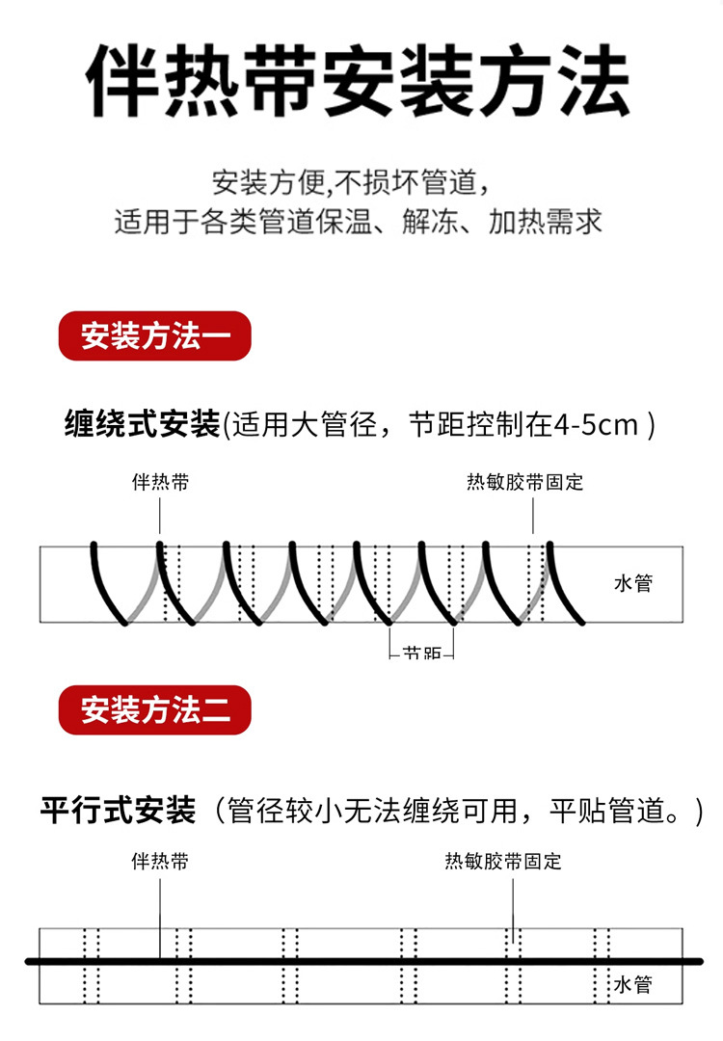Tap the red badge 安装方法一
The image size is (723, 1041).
[155, 337]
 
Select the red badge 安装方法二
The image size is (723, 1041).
[155, 711]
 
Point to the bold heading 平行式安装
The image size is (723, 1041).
[118, 809]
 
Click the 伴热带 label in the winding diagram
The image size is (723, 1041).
[160, 482]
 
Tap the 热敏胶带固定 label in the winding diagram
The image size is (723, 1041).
[524, 482]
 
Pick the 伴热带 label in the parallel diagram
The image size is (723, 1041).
[160, 861]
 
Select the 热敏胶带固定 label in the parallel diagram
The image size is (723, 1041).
[502, 861]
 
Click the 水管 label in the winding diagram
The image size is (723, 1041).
[633, 583]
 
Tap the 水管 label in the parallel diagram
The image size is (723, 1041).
[633, 985]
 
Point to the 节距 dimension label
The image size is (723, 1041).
[422, 653]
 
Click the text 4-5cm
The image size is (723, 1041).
[596, 424]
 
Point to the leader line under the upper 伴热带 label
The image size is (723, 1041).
[160, 516]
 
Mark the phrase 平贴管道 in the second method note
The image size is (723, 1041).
[609, 810]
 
